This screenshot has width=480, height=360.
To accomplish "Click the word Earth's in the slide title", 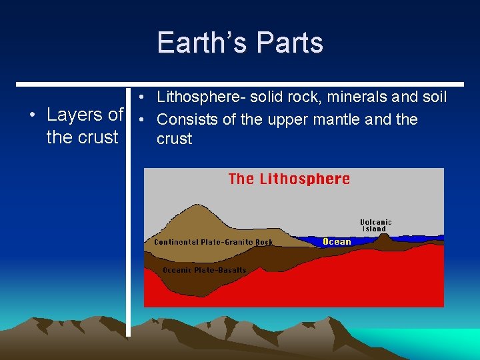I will (x=193, y=43).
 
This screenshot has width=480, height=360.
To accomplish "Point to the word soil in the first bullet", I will (x=433, y=97).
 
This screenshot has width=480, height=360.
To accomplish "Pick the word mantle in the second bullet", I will (x=341, y=120).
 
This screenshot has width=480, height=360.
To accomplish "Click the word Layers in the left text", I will (x=75, y=115).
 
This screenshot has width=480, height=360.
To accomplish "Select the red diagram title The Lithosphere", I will (x=289, y=179).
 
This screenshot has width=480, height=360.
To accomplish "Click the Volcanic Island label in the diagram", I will (x=375, y=225).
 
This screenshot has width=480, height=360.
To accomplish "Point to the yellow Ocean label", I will (x=337, y=241).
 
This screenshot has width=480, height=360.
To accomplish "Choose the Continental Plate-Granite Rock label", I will (x=213, y=242).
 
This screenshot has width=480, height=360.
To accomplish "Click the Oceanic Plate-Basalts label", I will (x=204, y=270).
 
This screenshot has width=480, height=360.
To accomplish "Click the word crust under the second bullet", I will (x=174, y=139).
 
